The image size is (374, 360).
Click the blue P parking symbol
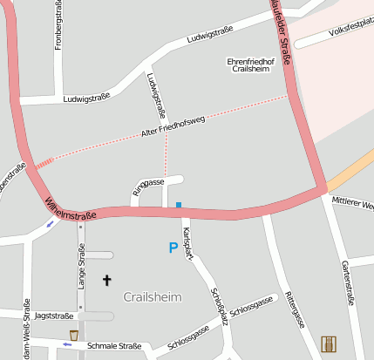click(173, 248)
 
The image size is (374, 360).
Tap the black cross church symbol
click(107, 280)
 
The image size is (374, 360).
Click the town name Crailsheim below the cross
click(153, 297)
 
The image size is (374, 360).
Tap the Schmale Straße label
click(115, 346)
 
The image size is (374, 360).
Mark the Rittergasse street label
click(295, 309)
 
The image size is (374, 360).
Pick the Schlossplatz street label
click(218, 307)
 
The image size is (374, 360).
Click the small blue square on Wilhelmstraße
click(179, 206)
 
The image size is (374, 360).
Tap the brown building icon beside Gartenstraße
click(329, 345)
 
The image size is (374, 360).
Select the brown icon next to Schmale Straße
click(74, 335)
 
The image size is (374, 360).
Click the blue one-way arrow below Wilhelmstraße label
click(50, 223)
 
